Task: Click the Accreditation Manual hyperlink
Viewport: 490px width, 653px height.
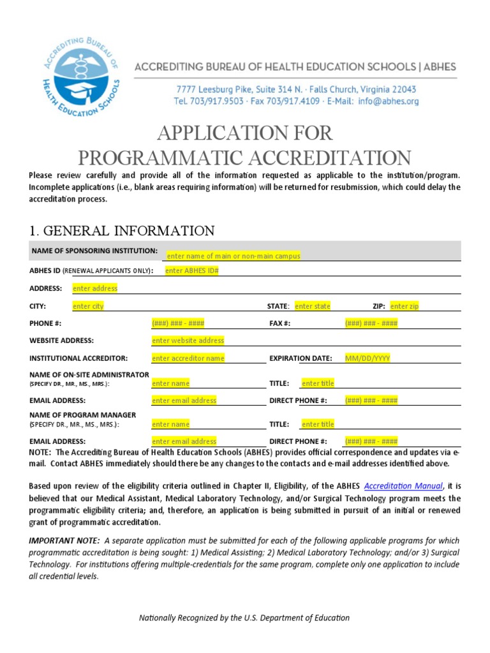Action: (x=403, y=485)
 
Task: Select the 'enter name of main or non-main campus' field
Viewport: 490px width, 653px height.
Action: (x=233, y=256)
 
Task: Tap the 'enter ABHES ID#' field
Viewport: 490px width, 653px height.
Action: (x=192, y=270)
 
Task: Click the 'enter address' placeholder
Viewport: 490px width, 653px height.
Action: (x=95, y=288)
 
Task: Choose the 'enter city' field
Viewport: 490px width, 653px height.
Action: (x=88, y=306)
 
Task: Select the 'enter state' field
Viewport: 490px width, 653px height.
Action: (x=313, y=306)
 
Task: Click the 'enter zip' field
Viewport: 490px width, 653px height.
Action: (x=405, y=306)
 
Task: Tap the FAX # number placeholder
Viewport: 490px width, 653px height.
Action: (x=371, y=323)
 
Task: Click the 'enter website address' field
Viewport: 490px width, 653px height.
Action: (x=188, y=341)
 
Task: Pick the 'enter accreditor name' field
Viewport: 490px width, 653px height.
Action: (x=188, y=358)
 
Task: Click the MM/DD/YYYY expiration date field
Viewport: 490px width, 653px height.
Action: (x=367, y=358)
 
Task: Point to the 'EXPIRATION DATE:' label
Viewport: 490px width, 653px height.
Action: (x=301, y=358)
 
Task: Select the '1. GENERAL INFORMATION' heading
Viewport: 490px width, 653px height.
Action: (x=122, y=230)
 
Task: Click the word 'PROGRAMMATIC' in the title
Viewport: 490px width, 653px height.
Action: (x=165, y=157)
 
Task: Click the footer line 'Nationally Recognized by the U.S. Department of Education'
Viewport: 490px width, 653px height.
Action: (x=244, y=617)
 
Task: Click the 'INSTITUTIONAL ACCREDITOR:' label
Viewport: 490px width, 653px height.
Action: (x=78, y=358)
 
